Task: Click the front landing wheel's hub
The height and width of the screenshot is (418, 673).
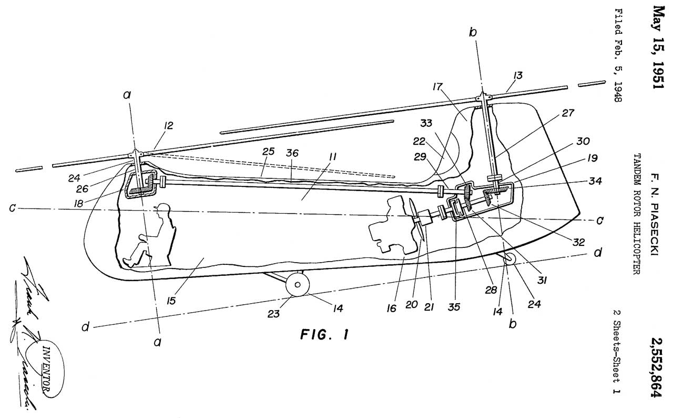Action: coord(298,284)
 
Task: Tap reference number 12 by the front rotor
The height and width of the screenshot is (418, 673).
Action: coord(168,125)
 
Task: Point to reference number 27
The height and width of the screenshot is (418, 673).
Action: coord(553,112)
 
